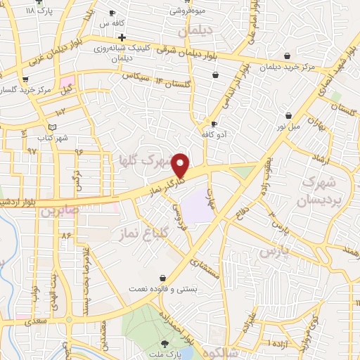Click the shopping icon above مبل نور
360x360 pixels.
[x=288, y=115]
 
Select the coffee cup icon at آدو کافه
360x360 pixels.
[x=204, y=124]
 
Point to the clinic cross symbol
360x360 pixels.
[x=122, y=37]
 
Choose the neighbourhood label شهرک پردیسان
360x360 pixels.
[x=319, y=191]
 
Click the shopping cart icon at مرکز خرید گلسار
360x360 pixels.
[x=25, y=79]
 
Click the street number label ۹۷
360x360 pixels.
[x=32, y=151]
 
